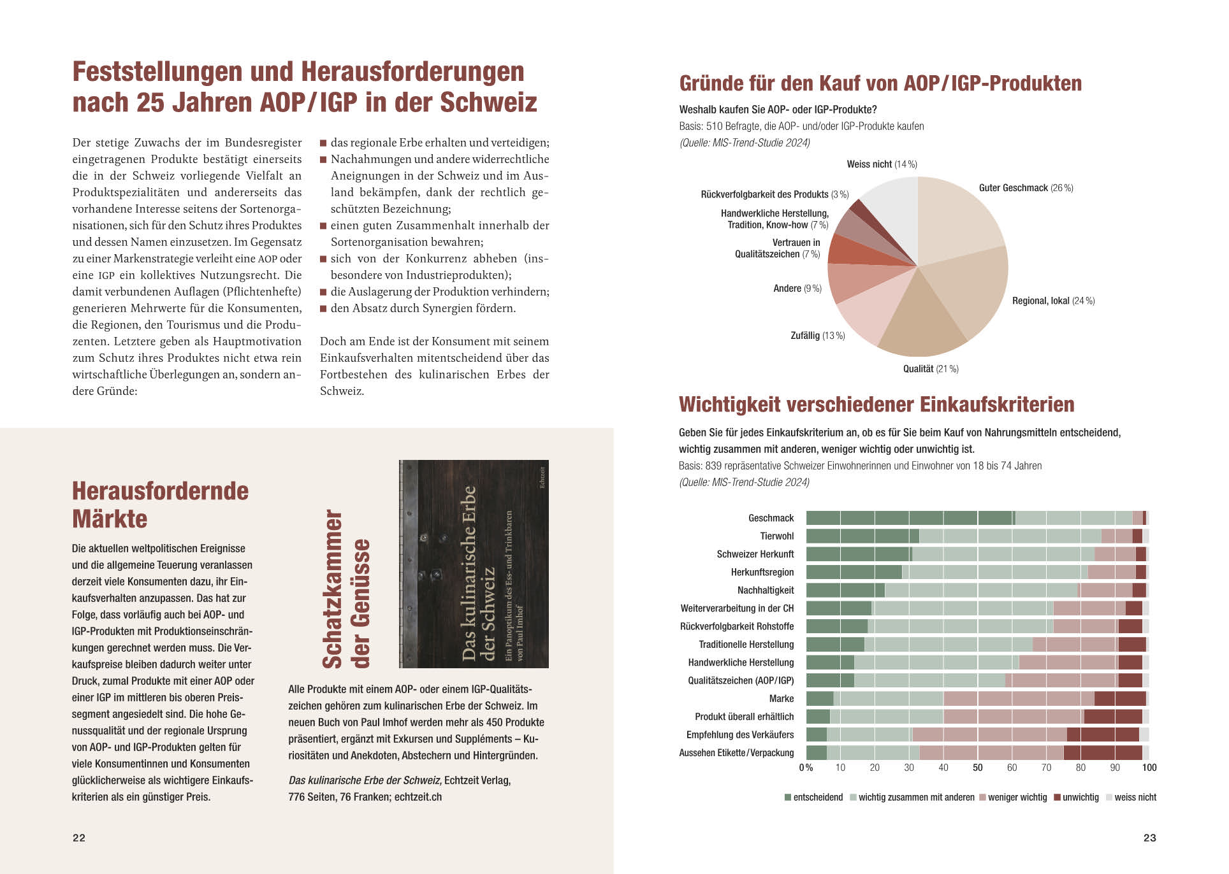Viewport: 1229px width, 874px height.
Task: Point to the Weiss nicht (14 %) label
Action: (882, 164)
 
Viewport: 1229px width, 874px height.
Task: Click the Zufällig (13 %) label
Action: (818, 336)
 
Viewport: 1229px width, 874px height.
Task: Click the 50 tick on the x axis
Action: (977, 768)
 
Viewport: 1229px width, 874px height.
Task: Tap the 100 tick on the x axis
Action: (1149, 768)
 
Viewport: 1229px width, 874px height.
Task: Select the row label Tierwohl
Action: (776, 536)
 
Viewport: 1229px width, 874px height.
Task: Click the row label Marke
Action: (781, 699)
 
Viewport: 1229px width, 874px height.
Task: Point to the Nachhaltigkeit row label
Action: (766, 591)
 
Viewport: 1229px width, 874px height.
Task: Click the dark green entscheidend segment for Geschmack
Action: (910, 518)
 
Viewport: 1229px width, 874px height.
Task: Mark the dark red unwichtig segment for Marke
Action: (1120, 699)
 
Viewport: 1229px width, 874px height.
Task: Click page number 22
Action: (79, 838)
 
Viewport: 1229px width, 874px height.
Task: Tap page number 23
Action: (1149, 838)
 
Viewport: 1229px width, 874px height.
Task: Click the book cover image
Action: (474, 564)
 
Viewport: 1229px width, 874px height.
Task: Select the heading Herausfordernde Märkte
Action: (160, 505)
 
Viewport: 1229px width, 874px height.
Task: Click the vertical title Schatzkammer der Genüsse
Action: (346, 589)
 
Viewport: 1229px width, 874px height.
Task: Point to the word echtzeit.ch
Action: (418, 797)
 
